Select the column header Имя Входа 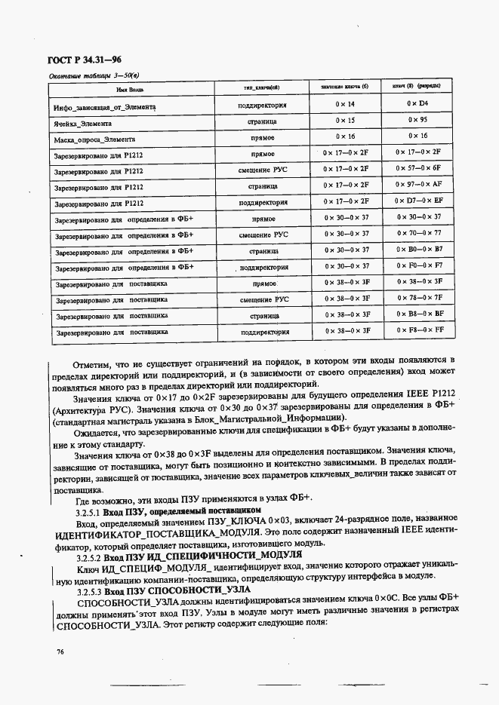point(130,89)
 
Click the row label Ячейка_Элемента point(83,123)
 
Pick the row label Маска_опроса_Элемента point(95,139)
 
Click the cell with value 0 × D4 point(417,104)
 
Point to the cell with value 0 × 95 point(417,120)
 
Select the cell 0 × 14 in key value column point(345,104)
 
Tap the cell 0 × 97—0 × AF point(417,184)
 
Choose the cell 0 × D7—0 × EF point(417,201)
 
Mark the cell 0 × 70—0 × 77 point(417,233)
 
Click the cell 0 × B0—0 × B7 point(417,249)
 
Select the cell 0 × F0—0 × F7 point(417,265)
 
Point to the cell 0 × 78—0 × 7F point(417,298)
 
